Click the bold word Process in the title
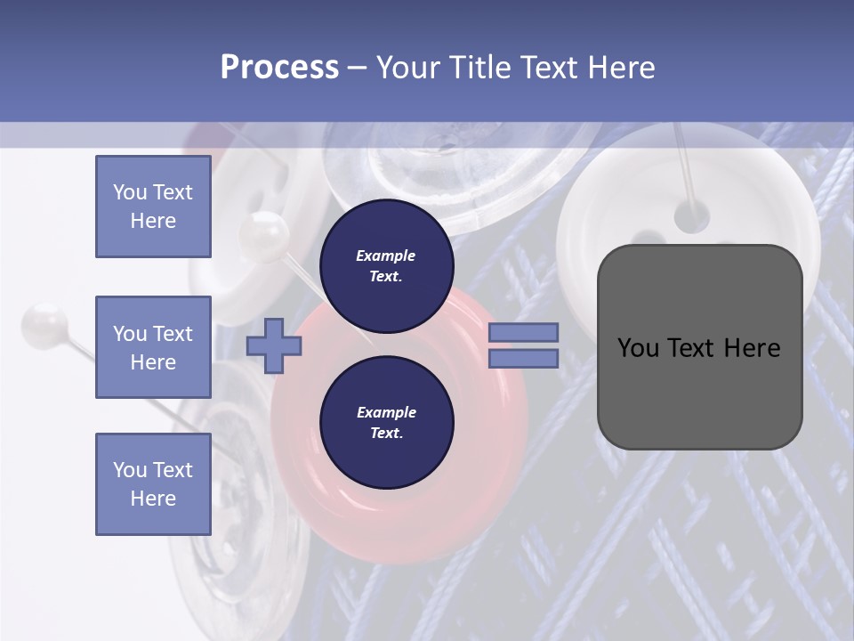(279, 68)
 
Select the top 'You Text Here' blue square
(153, 207)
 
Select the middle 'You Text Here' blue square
(153, 347)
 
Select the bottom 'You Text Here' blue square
(153, 484)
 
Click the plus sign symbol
(274, 346)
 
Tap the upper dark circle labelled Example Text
(386, 265)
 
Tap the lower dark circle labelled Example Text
(386, 422)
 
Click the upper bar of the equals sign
(523, 332)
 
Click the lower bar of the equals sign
(523, 359)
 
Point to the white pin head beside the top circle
(264, 233)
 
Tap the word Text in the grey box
(697, 348)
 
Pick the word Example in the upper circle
(386, 256)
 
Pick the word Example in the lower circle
(386, 412)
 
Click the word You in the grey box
(638, 348)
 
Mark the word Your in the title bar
(408, 68)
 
